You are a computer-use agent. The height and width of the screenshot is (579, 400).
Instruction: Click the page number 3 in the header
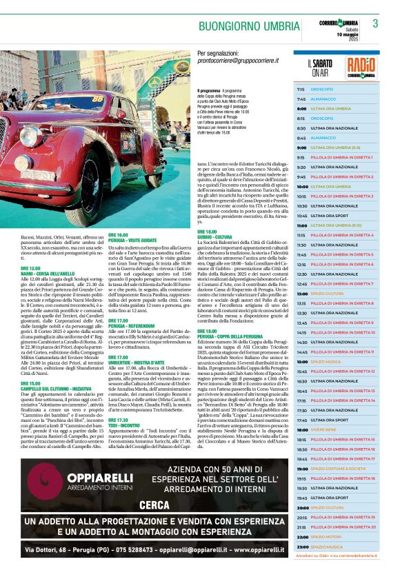(376, 24)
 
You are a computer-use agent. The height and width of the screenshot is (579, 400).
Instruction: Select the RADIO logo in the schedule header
(361, 68)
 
